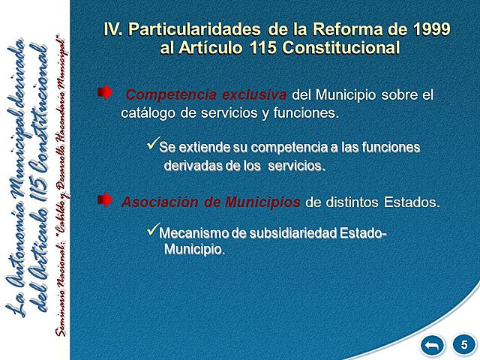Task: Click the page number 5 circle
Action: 464,344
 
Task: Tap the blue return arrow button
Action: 433,344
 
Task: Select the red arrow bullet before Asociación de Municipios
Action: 105,199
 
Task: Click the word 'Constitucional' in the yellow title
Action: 344,47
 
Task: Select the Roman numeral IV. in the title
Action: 113,30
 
